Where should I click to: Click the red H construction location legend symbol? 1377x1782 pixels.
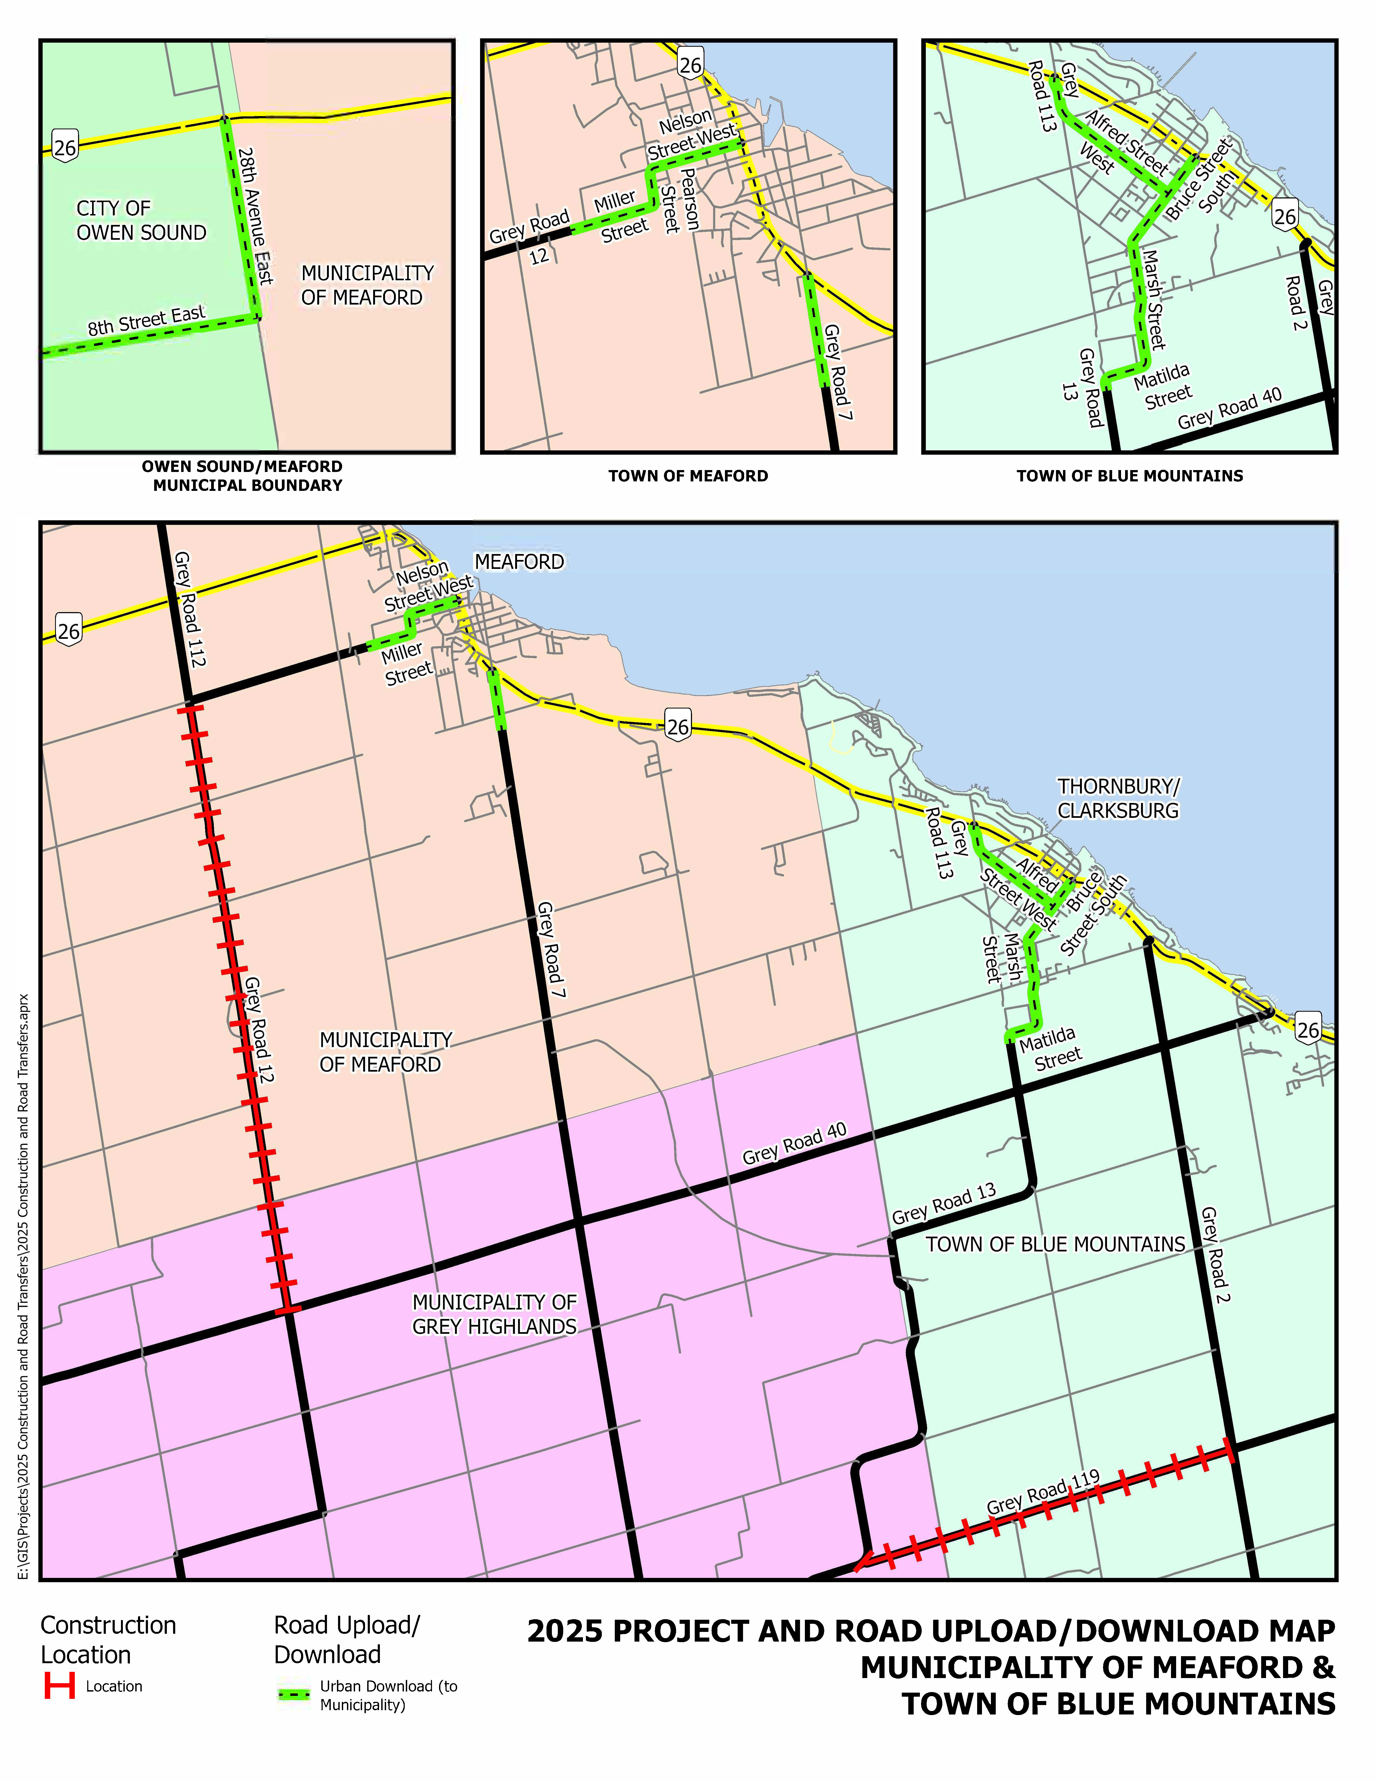pyautogui.click(x=60, y=1686)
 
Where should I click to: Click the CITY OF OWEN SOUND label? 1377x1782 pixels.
pyautogui.click(x=141, y=220)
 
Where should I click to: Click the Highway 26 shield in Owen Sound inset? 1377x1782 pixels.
pyautogui.click(x=65, y=147)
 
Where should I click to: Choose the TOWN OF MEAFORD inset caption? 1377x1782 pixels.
pyautogui.click(x=688, y=476)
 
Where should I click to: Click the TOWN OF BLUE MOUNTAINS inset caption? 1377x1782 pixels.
pyautogui.click(x=1129, y=476)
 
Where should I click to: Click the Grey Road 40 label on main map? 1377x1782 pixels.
pyautogui.click(x=794, y=1143)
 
